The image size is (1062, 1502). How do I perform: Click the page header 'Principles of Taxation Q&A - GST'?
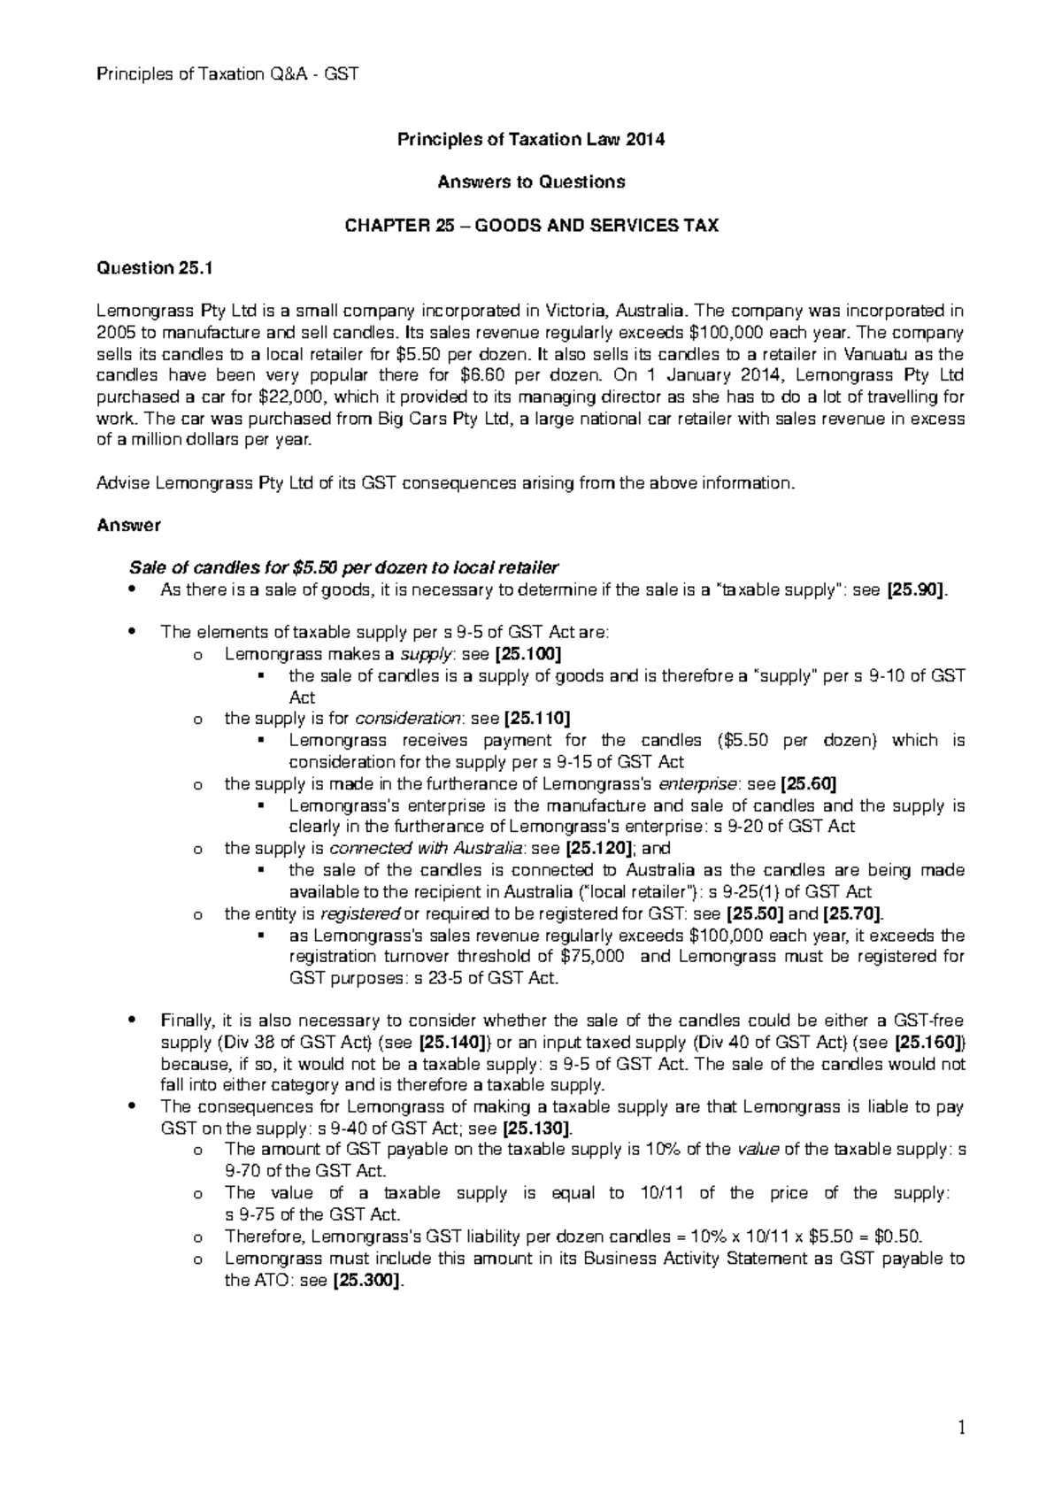point(227,73)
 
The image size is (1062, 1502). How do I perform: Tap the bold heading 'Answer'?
point(127,525)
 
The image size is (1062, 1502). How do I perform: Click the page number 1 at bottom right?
point(960,1428)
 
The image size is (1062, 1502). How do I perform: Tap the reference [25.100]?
point(528,654)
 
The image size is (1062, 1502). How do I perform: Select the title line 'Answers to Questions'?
point(531,181)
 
